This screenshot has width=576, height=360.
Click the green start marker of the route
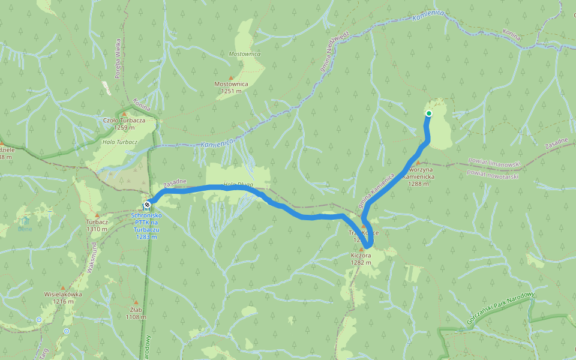pos(429,113)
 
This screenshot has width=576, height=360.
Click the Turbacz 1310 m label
pos(97,224)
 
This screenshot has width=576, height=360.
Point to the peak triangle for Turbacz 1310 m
pos(97,214)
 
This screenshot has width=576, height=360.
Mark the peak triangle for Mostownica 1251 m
pos(231,77)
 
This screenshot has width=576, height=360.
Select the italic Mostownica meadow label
pos(245,54)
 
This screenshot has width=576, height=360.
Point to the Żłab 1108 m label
pos(136,313)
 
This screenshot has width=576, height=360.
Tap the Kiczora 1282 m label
pos(361,259)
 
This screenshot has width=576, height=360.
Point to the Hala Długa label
pos(238,184)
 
